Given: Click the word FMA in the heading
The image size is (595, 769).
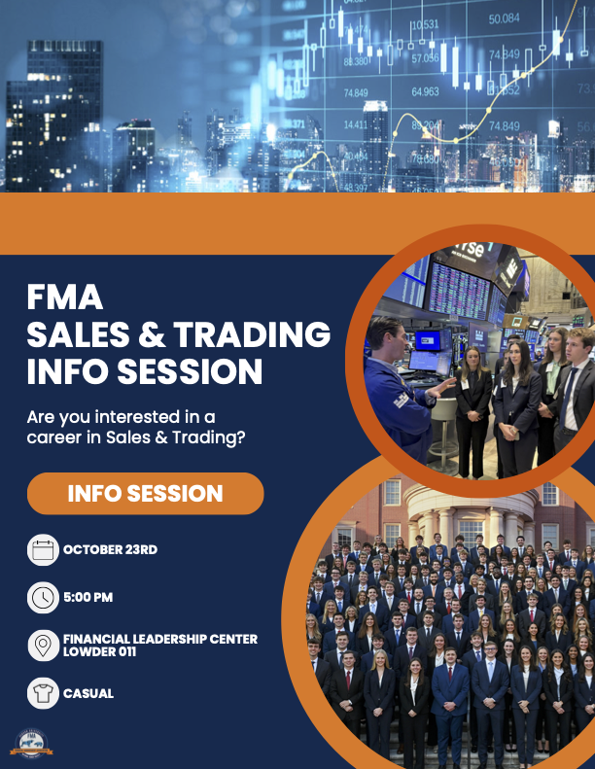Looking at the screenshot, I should coord(64,297).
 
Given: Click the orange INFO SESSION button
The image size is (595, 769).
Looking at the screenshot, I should coord(145,494).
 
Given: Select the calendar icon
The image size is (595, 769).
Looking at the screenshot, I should coord(43,550).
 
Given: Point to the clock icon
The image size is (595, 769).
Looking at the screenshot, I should coord(43,598).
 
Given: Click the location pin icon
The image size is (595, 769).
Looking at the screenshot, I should coord(43,645).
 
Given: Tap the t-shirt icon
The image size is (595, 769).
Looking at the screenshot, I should coord(43,693).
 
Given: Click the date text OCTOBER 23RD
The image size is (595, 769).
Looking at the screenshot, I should coord(110,550).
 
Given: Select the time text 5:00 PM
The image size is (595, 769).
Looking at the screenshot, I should coord(88,598).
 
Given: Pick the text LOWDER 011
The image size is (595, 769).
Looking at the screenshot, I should coord(99,651).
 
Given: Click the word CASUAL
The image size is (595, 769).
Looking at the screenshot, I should coord(88,694).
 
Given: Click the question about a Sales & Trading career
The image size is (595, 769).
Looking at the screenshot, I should coord(135,427).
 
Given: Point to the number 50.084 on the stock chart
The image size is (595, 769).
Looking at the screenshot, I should coord(504,18).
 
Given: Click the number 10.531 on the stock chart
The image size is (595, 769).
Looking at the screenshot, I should coord(425,24).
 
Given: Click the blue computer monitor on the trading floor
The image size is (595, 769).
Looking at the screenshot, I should coord(427,339).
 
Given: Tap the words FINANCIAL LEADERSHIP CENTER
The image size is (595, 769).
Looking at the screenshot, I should coord(160,639).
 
